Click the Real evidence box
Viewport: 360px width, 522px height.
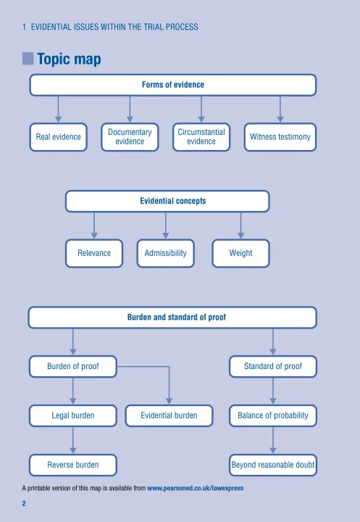point(58,137)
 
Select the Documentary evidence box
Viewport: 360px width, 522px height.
point(130,137)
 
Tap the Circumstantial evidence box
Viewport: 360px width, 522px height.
point(201,137)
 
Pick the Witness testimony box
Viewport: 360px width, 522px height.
point(280,137)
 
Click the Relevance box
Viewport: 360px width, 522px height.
point(94,253)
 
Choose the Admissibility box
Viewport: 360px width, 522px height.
point(166,253)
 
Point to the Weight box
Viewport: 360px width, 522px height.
point(241,253)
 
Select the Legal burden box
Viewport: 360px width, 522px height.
point(73,415)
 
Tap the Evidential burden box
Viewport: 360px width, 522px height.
point(169,415)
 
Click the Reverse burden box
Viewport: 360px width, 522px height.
point(73,465)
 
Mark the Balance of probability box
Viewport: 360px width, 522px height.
point(273,415)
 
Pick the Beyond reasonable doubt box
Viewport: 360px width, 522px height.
point(273,465)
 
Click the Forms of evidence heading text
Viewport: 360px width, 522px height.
point(173,85)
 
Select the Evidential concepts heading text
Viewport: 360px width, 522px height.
point(173,201)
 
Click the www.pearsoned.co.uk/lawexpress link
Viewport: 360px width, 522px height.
point(196,488)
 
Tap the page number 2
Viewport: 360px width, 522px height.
point(24,503)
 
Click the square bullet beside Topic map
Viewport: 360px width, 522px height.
point(28,59)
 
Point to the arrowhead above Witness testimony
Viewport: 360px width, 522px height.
point(280,119)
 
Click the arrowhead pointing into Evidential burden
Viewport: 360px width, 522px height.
point(169,401)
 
